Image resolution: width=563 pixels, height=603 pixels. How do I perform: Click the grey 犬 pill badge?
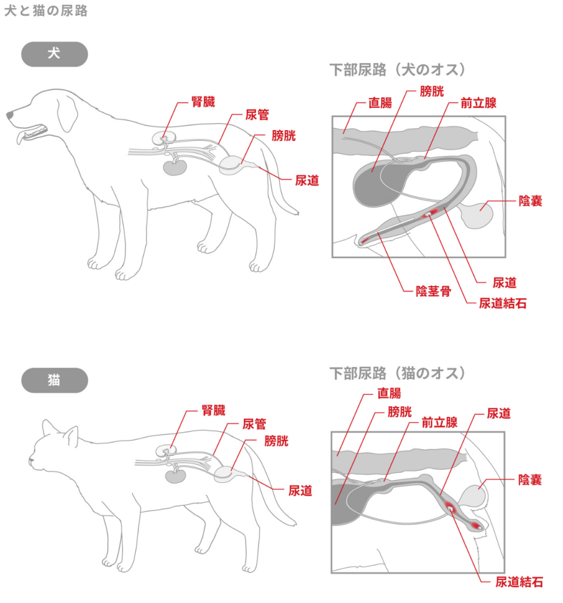click(x=54, y=54)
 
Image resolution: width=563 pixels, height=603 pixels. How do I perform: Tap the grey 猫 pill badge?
click(x=54, y=380)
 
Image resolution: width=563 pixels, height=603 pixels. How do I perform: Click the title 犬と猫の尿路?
click(x=46, y=11)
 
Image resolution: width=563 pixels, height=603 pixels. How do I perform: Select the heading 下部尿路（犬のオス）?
click(x=398, y=69)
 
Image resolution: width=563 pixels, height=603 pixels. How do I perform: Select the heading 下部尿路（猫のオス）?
click(x=398, y=373)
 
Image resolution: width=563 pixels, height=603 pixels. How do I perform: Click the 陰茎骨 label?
click(x=433, y=291)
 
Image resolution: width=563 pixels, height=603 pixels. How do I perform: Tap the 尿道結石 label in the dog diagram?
click(x=502, y=303)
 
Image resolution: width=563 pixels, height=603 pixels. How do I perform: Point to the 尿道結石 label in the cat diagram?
click(x=519, y=582)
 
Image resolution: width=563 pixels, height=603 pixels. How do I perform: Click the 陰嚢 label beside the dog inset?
click(x=530, y=201)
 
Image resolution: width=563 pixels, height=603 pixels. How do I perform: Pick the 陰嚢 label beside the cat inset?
click(x=530, y=480)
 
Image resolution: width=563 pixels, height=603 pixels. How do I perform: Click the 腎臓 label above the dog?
click(x=203, y=101)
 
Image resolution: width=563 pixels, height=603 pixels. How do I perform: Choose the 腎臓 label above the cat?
click(x=213, y=410)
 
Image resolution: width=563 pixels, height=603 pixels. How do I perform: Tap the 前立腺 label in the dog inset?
click(x=478, y=103)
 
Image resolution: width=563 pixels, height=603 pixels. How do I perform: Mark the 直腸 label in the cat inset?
click(x=389, y=393)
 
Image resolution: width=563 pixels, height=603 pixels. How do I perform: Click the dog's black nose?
click(x=10, y=115)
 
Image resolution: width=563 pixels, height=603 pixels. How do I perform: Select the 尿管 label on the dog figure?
click(x=257, y=115)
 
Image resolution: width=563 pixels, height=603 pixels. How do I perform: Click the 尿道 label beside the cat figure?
click(x=300, y=490)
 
